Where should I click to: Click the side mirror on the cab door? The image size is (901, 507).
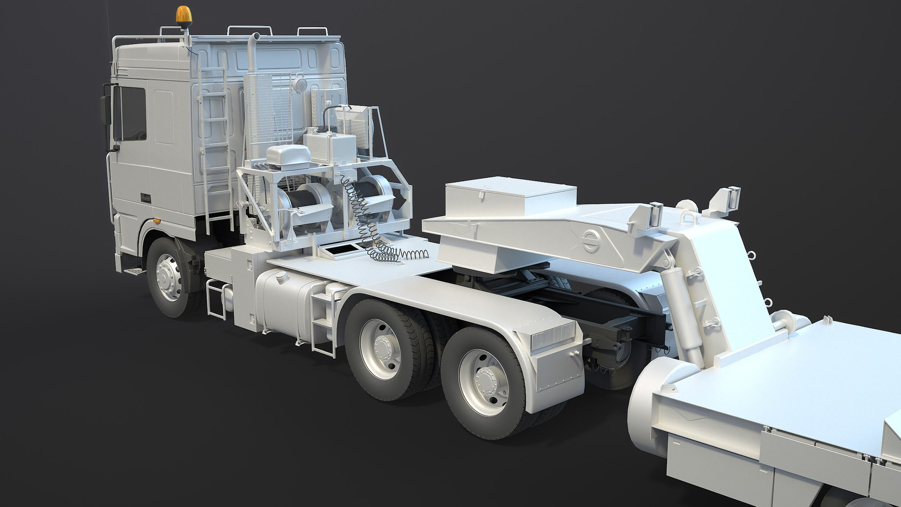point(105,110)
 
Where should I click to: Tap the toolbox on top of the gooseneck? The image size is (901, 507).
point(510,195)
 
